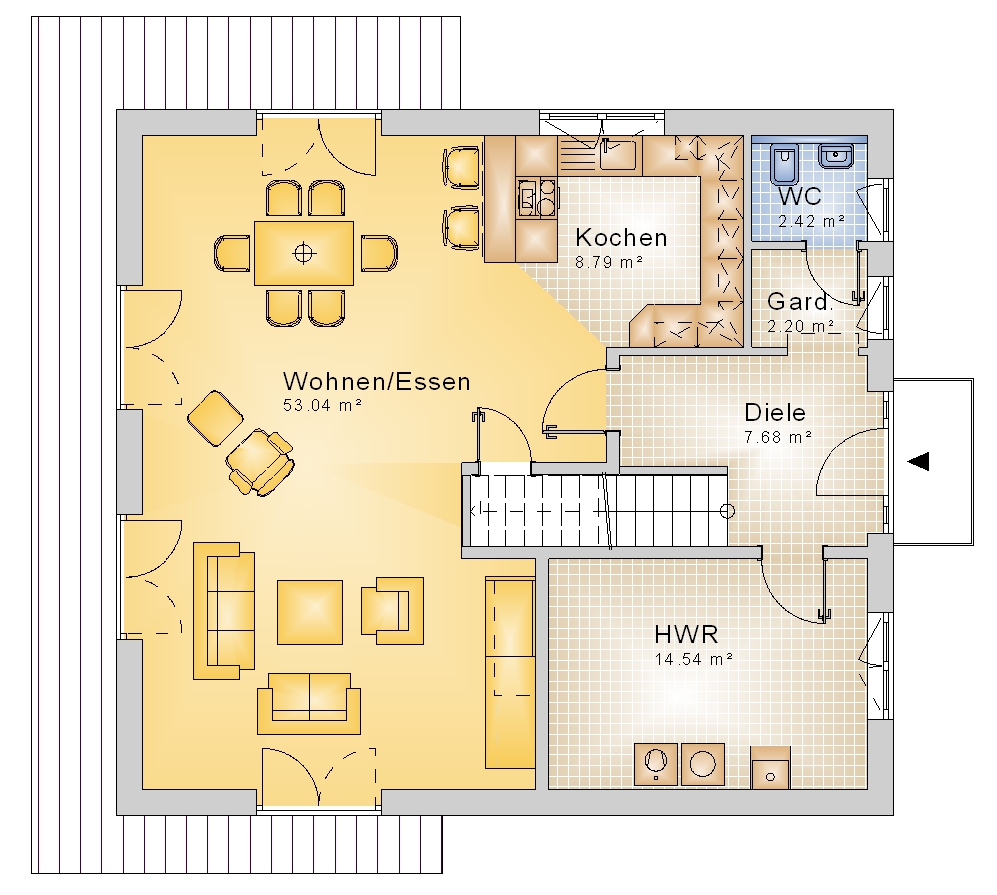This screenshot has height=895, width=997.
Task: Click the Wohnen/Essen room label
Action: [377, 382]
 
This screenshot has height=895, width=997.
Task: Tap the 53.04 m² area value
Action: [322, 405]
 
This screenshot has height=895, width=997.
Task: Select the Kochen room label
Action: [621, 238]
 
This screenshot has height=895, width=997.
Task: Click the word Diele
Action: [775, 413]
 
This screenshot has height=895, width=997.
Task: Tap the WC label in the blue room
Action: [800, 197]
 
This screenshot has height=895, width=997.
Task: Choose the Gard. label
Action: [800, 301]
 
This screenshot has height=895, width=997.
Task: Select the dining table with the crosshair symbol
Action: [304, 253]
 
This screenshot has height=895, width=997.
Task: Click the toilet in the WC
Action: [783, 164]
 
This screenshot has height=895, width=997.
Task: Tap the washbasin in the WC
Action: [835, 155]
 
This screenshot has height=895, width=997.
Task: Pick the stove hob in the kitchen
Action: [537, 197]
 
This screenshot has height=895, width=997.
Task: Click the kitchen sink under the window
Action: [618, 153]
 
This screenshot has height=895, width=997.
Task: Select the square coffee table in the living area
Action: [310, 612]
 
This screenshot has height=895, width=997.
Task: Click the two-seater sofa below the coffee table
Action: [309, 703]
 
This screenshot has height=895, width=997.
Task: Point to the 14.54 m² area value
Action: [694, 659]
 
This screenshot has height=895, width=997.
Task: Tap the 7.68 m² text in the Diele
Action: [778, 437]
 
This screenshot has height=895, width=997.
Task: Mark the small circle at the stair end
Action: [727, 511]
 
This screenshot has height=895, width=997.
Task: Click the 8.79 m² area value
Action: [609, 262]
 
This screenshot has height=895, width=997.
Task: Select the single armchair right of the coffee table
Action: [392, 610]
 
